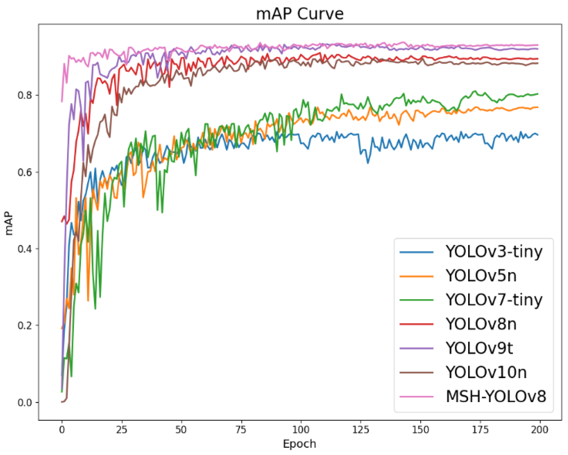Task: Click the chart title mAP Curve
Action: tap(300, 14)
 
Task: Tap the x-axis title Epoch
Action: tap(300, 444)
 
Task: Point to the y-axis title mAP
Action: tap(9, 223)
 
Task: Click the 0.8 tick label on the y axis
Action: tap(25, 95)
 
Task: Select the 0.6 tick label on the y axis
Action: tap(25, 172)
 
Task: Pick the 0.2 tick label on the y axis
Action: tap(25, 325)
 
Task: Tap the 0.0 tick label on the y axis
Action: tap(25, 403)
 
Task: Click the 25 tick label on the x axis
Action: tap(121, 430)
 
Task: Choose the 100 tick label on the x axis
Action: tap(301, 430)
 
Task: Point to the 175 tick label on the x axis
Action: tap(480, 430)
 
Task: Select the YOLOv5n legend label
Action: tap(481, 276)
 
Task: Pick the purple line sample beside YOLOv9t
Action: tap(416, 348)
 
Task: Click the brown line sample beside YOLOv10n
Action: tap(416, 372)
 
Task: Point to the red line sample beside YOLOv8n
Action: tap(416, 324)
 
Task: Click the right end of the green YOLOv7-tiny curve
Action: tap(537, 94)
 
